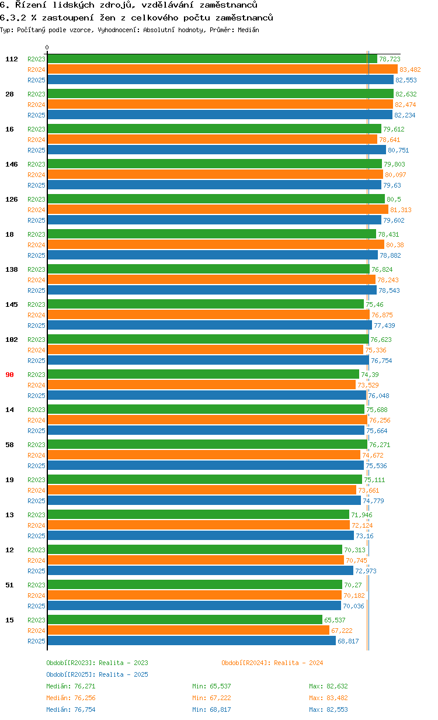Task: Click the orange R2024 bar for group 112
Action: (x=222, y=70)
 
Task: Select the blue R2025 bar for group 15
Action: (x=192, y=641)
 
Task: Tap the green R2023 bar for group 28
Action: (x=220, y=94)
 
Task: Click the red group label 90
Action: (x=9, y=375)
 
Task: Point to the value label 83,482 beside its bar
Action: (x=410, y=70)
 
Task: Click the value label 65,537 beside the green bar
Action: (x=335, y=620)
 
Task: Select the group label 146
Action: (x=12, y=164)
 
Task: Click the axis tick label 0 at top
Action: (x=47, y=48)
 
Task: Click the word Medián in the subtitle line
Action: (x=249, y=30)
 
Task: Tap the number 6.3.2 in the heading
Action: (x=12, y=18)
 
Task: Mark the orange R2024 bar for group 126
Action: (x=217, y=210)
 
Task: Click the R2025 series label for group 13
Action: (x=36, y=536)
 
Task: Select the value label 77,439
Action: (x=385, y=326)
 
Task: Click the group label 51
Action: (x=9, y=585)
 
